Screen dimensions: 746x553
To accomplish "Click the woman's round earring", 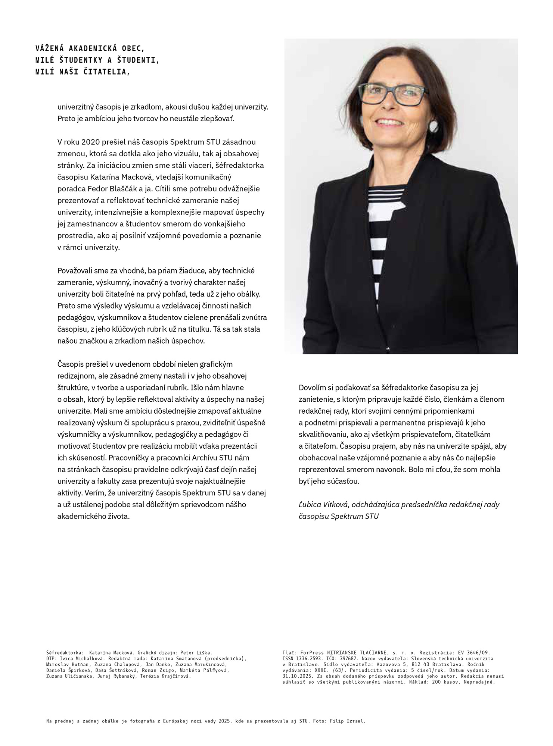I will pyautogui.click(x=434, y=126).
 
